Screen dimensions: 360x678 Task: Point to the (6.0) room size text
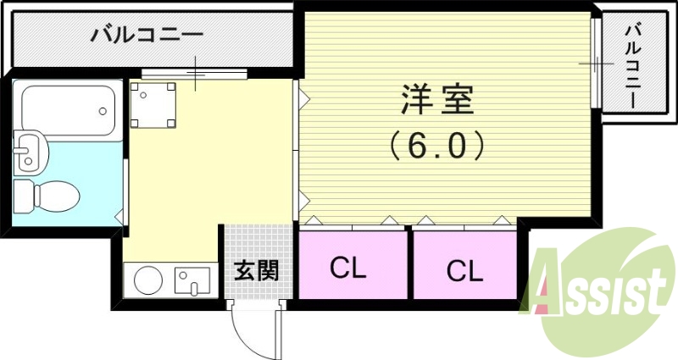[x=437, y=145]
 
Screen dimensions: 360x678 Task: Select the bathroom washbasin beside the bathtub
[x=32, y=151]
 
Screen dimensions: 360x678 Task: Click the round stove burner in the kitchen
[x=149, y=280]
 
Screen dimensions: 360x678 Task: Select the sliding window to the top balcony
[x=194, y=74]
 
